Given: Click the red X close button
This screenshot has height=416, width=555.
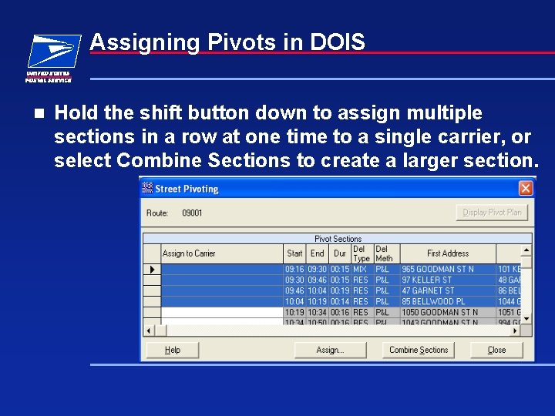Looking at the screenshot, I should click(525, 188).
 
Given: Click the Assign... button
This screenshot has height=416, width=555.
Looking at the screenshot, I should click(330, 350).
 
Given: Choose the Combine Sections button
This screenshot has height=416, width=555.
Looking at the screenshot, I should click(419, 350).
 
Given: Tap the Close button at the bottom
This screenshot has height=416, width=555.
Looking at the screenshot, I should click(496, 350).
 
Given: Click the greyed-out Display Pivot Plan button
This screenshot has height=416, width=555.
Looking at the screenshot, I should click(492, 212).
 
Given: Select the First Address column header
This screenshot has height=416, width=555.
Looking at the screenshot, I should click(447, 253).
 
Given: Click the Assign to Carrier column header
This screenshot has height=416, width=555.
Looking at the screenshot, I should click(189, 253).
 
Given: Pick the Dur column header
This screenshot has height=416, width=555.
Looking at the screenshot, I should click(339, 253).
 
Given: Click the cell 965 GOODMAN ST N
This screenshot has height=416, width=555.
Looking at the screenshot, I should click(437, 270).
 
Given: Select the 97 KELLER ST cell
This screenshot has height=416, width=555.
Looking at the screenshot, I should click(426, 280).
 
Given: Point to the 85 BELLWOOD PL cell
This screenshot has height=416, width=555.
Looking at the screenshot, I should click(432, 302).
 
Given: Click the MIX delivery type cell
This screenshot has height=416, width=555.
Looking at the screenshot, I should click(360, 270).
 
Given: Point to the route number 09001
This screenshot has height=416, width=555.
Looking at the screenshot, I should click(192, 213).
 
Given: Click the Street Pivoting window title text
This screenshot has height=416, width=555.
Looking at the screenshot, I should click(187, 189).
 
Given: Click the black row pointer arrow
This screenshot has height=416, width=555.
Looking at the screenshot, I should click(152, 270).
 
